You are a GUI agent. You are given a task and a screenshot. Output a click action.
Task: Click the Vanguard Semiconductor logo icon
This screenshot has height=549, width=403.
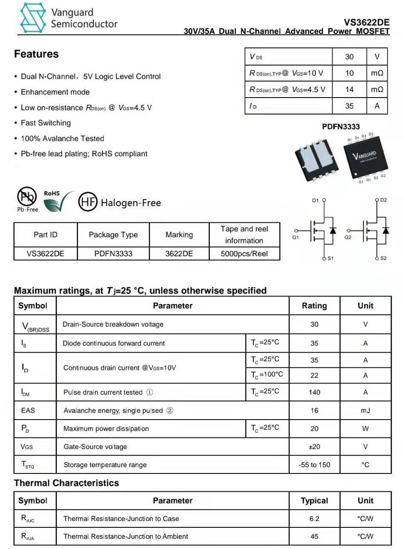[33, 18]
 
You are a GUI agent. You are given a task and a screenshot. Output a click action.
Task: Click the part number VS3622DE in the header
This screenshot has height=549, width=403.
[366, 22]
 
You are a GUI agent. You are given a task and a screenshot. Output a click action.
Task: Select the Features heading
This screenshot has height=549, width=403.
[37, 54]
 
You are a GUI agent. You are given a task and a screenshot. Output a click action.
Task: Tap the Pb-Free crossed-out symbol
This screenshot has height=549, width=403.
[27, 196]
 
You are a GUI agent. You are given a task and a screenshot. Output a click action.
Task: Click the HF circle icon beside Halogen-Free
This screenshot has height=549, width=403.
[88, 202]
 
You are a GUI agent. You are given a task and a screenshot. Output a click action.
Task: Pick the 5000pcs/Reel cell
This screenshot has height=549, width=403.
[244, 254]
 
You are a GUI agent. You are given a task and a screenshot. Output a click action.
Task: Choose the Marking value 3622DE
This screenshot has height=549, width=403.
[179, 254]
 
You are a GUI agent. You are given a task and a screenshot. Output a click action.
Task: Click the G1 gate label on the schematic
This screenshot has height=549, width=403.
[296, 237]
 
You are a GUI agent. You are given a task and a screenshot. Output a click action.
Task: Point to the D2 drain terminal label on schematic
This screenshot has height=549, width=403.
[383, 200]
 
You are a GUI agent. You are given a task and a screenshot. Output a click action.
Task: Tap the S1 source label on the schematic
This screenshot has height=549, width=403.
[330, 258]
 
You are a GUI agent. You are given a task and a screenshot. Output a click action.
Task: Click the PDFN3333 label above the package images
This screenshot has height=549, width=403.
[341, 126]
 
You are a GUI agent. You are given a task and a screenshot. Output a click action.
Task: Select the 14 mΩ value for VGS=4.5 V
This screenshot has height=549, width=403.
[349, 90]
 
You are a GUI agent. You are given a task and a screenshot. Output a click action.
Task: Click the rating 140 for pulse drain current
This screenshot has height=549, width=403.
[314, 392]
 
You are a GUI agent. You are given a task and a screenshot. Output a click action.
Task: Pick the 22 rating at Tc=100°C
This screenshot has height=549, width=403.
[314, 375]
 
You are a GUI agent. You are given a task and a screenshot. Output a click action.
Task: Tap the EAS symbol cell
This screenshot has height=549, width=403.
[28, 410]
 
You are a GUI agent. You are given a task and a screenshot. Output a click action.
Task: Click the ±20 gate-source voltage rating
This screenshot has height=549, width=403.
[314, 447]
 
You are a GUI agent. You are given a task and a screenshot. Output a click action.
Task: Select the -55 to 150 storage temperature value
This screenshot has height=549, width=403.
[314, 465]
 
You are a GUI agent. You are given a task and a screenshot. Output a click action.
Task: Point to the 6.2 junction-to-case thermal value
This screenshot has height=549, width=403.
[314, 518]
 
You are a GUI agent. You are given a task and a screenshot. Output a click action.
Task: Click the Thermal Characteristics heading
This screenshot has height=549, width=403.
[67, 483]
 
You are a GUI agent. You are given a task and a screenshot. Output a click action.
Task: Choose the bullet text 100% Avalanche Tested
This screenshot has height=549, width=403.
[62, 138]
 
